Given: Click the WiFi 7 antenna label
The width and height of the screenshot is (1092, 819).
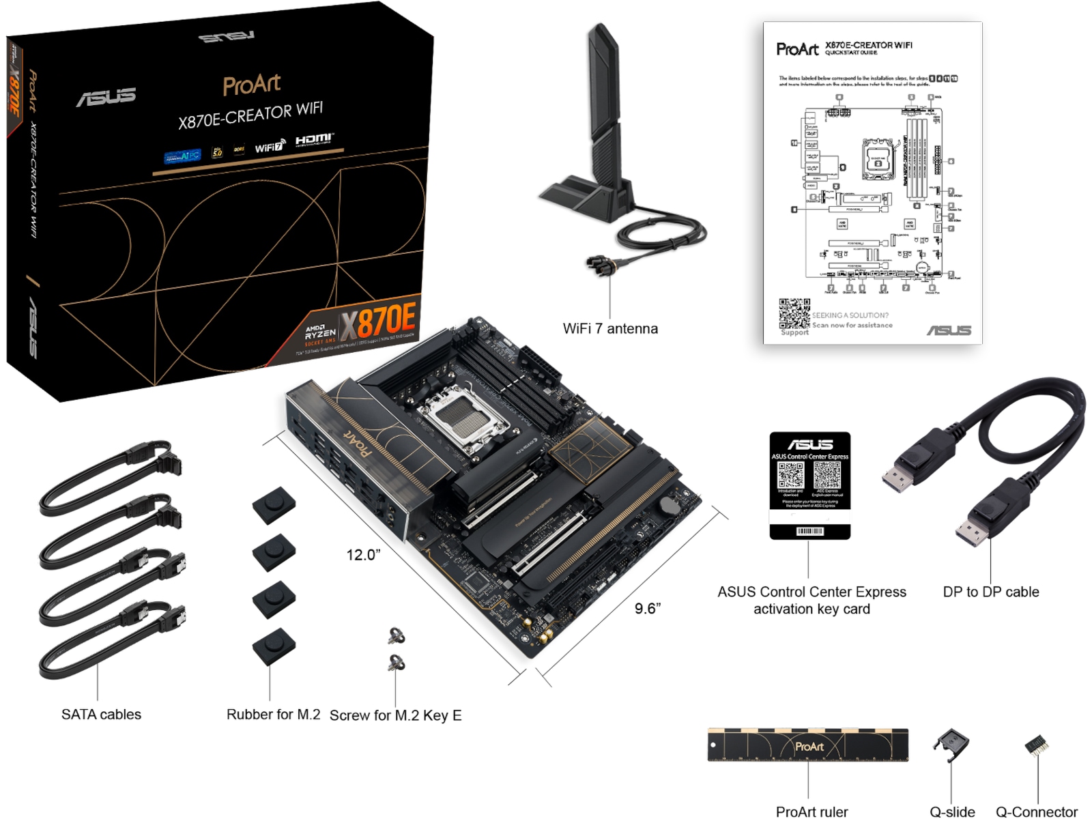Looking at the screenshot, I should [609, 328].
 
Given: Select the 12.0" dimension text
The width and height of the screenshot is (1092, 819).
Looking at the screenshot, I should [362, 555].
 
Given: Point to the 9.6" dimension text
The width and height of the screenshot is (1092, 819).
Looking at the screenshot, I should [647, 608].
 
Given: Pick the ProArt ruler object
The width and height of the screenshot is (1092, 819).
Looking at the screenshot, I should [807, 745].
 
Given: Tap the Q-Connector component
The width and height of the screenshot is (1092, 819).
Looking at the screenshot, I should [1036, 745].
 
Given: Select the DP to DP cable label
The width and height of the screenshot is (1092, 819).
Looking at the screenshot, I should [990, 592].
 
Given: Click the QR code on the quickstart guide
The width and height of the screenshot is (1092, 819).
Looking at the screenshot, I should [794, 313].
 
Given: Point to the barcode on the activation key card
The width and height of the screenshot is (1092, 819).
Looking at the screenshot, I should [809, 531].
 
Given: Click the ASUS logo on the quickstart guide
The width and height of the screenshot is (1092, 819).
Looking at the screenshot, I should [949, 330].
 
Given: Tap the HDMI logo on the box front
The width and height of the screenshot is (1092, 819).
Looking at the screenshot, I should [314, 140].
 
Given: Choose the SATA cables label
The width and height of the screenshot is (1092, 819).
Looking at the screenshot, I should [101, 715].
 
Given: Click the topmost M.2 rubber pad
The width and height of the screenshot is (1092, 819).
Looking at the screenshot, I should [274, 504].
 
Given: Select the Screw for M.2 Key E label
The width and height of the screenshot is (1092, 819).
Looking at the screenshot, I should [395, 715].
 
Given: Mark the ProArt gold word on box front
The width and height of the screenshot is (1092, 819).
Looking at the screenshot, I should [251, 85].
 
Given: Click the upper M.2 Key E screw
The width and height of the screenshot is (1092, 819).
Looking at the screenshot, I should [396, 636].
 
